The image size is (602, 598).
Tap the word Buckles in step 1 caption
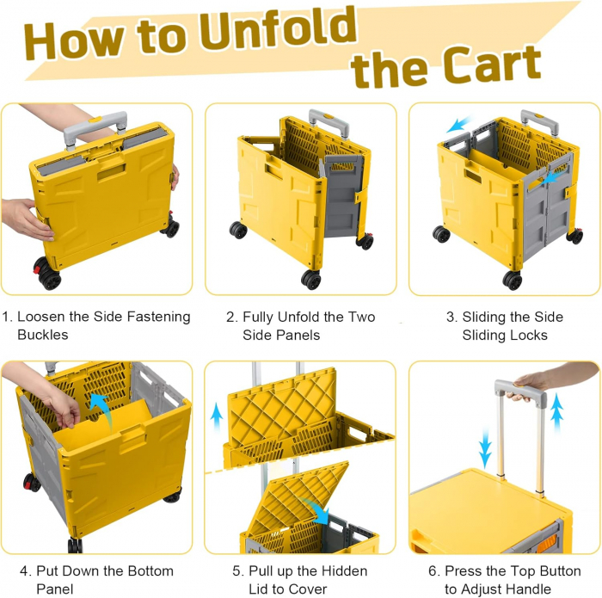[43, 335]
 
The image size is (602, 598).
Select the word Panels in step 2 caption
[281, 336]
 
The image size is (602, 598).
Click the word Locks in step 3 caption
[529, 336]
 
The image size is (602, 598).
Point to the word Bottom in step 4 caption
[150, 571]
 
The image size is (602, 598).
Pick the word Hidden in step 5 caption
[344, 571]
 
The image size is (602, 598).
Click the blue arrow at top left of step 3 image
[458, 125]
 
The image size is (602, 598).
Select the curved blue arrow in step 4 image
[101, 411]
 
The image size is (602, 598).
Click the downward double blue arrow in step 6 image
[485, 448]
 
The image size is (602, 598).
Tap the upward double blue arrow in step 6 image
[556, 412]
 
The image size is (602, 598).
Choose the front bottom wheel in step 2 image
[311, 280]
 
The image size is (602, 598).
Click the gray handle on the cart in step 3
[539, 122]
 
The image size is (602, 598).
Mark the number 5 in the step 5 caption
[236, 571]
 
